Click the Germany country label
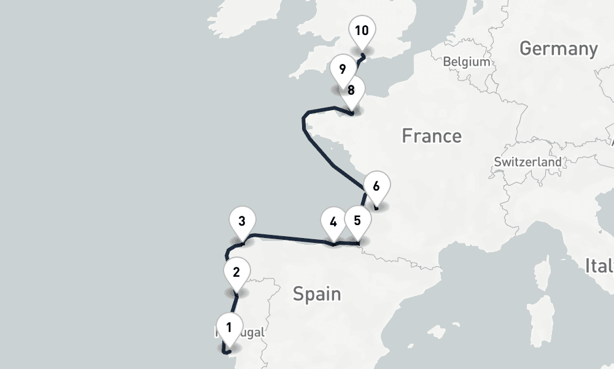coord(558,49)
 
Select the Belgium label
coord(467,61)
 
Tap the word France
coord(432,135)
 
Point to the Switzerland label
coord(527,162)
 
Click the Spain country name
coord(317,294)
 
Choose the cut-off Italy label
coord(599,266)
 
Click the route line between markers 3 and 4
coord(289,237)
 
